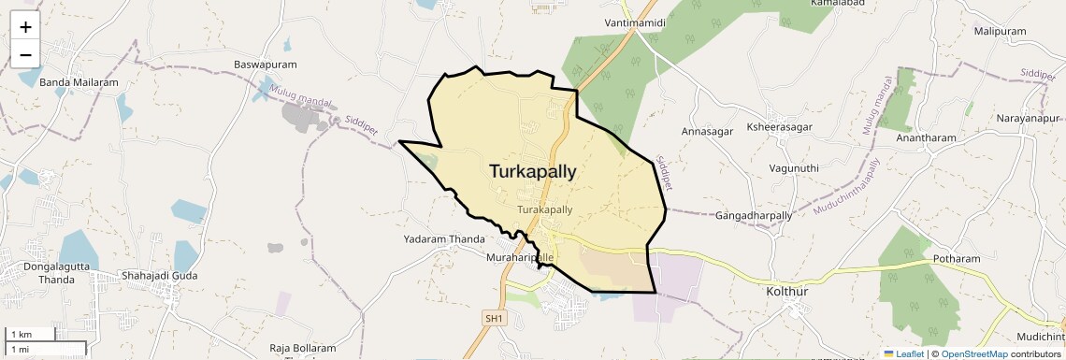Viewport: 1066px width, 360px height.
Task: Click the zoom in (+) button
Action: coord(25,27)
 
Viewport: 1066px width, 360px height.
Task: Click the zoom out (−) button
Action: coord(25,54)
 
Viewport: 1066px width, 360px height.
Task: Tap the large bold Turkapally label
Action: coord(532,171)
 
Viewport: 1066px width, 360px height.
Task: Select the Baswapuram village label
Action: coord(265,65)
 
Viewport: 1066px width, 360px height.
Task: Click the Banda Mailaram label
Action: coord(79,82)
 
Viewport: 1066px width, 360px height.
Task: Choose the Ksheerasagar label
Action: coord(780,126)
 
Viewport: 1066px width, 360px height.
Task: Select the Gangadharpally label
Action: coord(754,216)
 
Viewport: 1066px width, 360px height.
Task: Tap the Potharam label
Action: coord(957,258)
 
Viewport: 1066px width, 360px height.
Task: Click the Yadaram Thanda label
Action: coord(443,239)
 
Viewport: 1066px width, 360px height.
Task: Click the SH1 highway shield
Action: coord(494,319)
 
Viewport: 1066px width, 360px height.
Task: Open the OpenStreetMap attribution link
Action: coord(973,353)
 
